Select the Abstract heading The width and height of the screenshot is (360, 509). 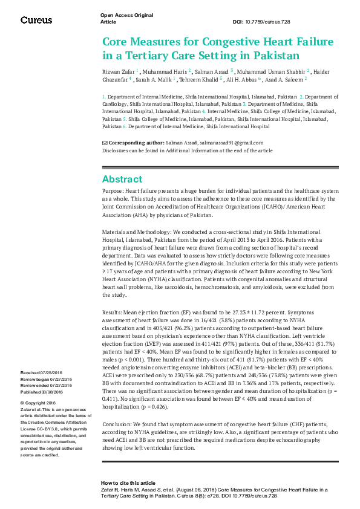122,179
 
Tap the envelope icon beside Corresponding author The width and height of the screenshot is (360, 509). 105,142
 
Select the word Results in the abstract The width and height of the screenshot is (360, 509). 113,311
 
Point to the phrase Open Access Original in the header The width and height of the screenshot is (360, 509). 126,15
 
